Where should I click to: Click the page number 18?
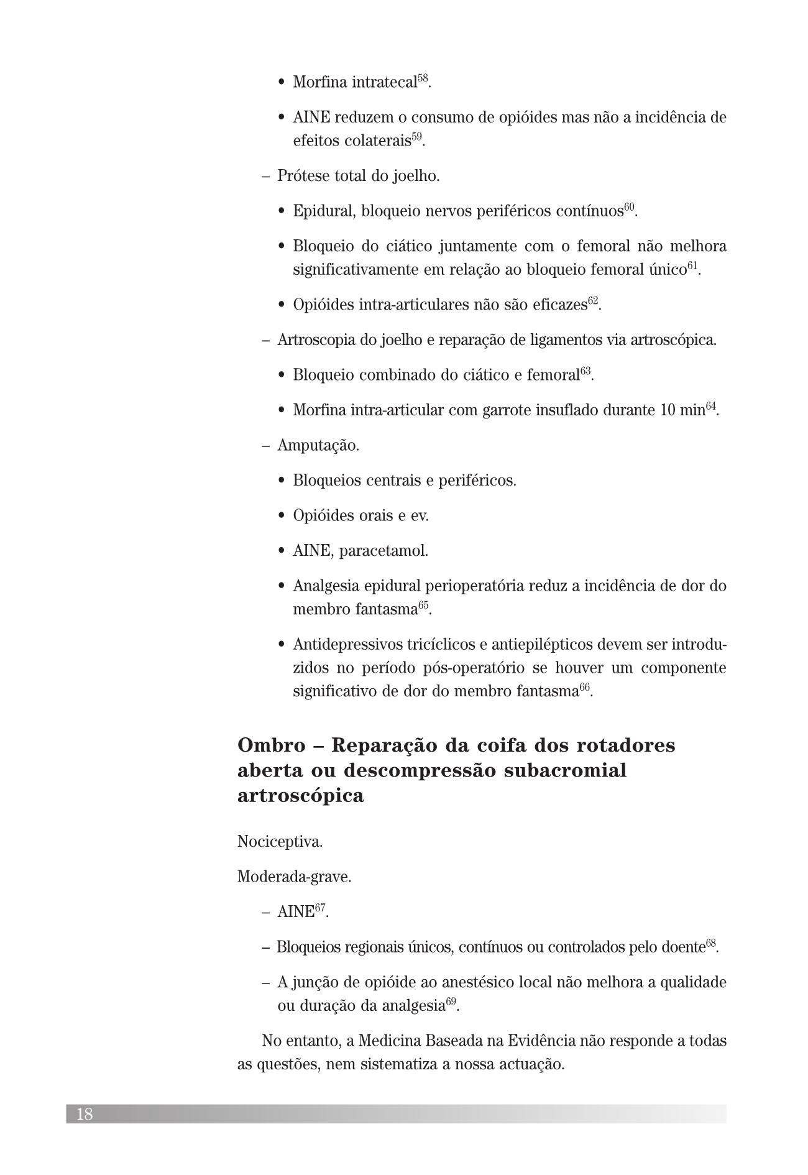(85, 1113)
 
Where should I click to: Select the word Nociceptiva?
(280, 842)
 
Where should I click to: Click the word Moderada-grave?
(294, 877)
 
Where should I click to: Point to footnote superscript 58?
(422, 78)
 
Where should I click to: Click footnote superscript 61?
(692, 266)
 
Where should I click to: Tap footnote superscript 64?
(711, 407)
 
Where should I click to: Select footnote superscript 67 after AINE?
(320, 908)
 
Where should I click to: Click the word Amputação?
(318, 446)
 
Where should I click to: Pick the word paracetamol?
(383, 551)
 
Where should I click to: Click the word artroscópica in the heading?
(300, 796)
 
